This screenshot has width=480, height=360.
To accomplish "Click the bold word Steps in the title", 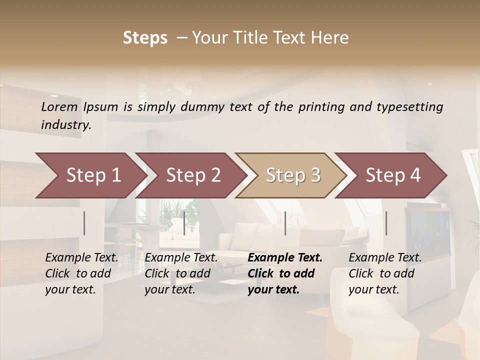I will [x=145, y=38].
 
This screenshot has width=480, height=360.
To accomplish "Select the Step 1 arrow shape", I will [x=90, y=175].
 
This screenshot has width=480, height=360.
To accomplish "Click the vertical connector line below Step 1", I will [x=84, y=223].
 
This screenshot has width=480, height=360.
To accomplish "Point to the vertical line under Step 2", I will [x=184, y=223].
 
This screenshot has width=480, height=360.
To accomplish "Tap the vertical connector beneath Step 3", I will [x=285, y=223].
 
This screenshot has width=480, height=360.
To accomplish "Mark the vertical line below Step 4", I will [x=386, y=223].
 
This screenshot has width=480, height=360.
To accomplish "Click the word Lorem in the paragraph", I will [x=59, y=106].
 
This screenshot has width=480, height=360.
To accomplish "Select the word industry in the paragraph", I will [x=65, y=125].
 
